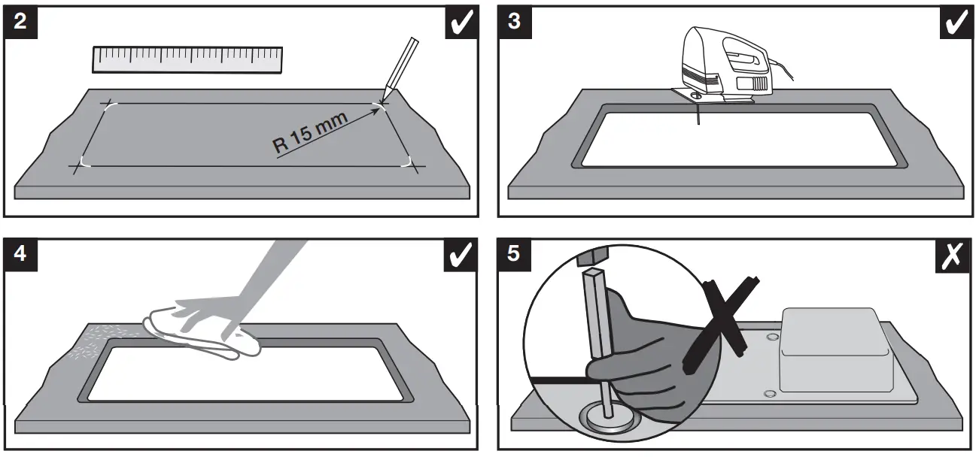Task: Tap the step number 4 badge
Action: point(20,254)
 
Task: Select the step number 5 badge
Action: point(514,254)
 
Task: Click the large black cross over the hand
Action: point(722,323)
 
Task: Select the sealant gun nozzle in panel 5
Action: point(594,331)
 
